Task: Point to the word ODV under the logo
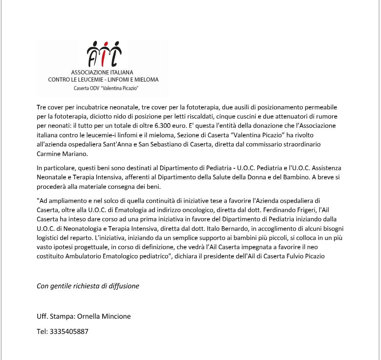pyautogui.click(x=93, y=88)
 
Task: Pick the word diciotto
pyautogui.click(x=107, y=116)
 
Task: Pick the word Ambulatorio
pyautogui.click(x=83, y=257)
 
